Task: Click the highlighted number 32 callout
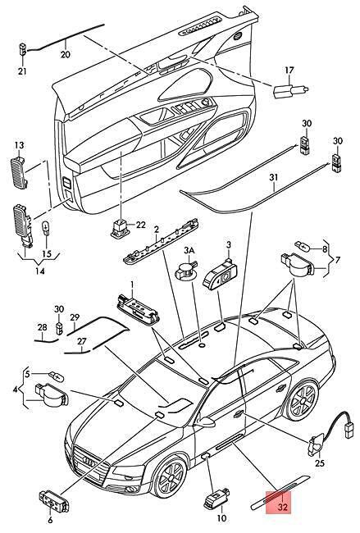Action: (282, 507)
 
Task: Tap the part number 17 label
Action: (289, 71)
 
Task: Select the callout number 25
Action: (320, 463)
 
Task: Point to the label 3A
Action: (189, 251)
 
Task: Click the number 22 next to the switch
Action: (140, 225)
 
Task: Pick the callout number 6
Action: (50, 520)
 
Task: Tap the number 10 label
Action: (221, 518)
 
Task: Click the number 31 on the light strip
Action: (274, 177)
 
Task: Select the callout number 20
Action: (66, 54)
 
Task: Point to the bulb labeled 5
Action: (57, 376)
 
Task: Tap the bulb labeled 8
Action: (302, 245)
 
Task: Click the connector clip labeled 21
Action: (22, 49)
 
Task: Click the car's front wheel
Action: (169, 477)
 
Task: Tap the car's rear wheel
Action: (301, 400)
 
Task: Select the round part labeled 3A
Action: (185, 271)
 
